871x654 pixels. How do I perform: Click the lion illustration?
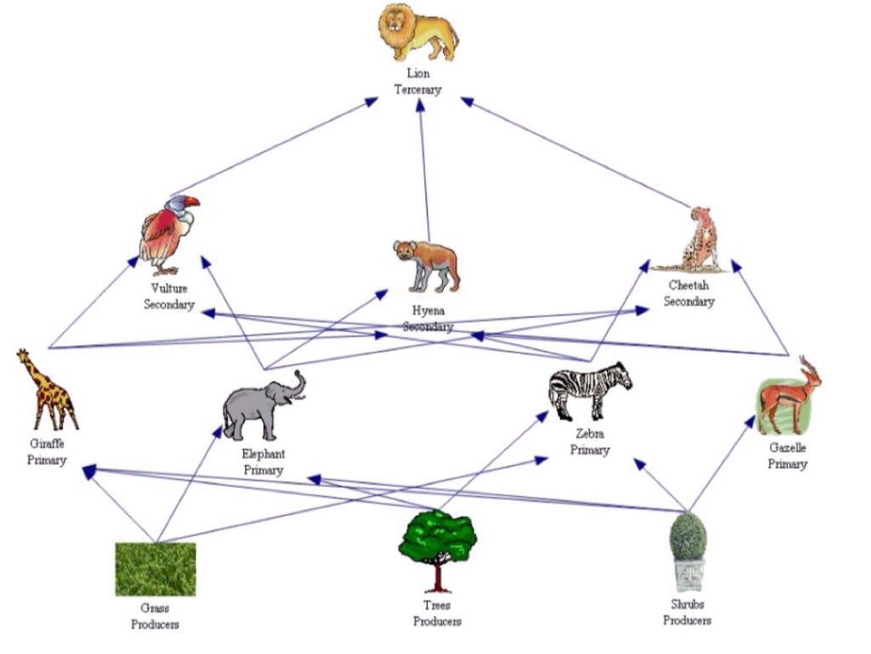[x=417, y=32]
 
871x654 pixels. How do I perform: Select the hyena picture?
[x=427, y=263]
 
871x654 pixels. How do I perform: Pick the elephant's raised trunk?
[x=297, y=384]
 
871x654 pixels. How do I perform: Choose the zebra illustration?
[x=589, y=391]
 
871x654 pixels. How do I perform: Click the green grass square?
[x=156, y=569]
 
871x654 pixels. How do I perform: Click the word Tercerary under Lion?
[x=418, y=89]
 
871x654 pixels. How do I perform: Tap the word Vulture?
[x=168, y=289]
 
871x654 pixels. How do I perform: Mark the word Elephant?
[x=263, y=455]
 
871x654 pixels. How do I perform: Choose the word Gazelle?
[x=788, y=449]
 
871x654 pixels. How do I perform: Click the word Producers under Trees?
[x=437, y=622]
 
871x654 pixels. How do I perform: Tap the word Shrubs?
[x=687, y=605]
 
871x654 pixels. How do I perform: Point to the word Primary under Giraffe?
[x=47, y=460]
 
